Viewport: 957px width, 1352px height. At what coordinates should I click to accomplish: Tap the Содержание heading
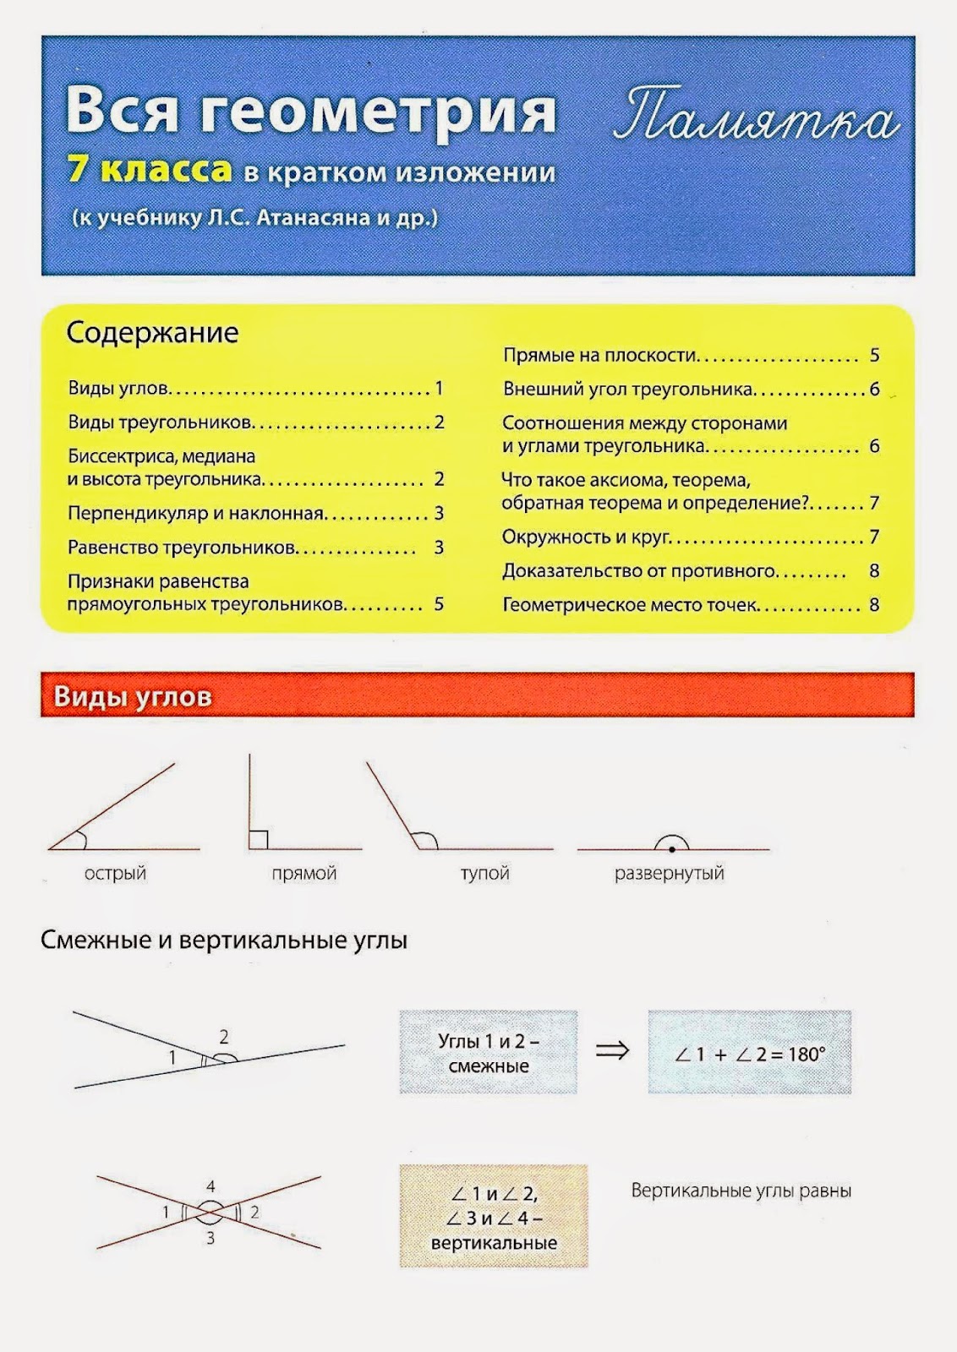click(152, 333)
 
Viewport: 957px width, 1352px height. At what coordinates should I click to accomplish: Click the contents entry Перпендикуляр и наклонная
click(196, 513)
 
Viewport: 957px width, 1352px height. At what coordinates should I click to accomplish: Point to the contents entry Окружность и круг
click(586, 537)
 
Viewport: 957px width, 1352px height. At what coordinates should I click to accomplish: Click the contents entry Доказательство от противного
click(639, 570)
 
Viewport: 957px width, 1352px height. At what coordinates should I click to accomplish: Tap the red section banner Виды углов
click(133, 696)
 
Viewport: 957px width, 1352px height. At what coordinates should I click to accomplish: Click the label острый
click(115, 873)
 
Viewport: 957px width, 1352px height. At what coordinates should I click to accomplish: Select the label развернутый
click(669, 873)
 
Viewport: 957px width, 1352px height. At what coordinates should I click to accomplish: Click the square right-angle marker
click(259, 839)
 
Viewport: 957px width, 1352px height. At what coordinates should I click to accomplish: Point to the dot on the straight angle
click(671, 848)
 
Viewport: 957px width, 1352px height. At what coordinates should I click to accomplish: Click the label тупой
click(484, 873)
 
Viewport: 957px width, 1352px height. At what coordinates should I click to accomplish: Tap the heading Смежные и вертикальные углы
click(224, 940)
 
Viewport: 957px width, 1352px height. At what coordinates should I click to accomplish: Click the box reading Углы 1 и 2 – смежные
click(488, 1053)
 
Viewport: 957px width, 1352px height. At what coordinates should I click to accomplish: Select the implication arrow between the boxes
click(613, 1050)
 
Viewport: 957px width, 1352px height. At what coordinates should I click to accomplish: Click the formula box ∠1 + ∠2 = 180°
click(749, 1054)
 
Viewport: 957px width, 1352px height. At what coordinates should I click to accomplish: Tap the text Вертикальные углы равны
click(741, 1191)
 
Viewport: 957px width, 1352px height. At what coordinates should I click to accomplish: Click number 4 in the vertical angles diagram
click(211, 1186)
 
